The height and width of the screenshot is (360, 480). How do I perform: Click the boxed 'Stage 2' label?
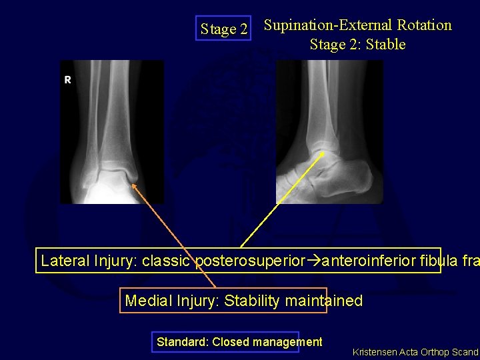coord(223,29)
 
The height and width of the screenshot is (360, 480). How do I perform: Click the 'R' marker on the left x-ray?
coord(67,80)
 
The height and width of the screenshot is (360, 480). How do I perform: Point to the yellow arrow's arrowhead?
coord(324,153)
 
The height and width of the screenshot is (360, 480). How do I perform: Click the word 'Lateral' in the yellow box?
coord(65,260)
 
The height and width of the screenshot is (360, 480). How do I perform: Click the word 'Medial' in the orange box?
coord(149,301)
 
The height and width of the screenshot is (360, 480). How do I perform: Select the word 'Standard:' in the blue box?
coord(181,342)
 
